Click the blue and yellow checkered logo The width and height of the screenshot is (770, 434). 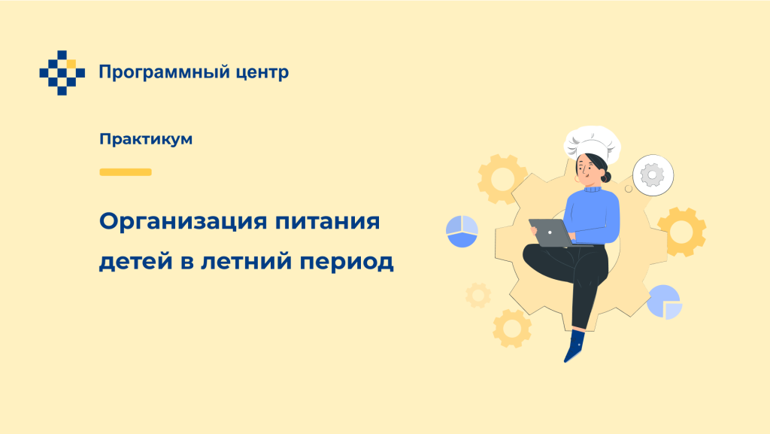point(62,73)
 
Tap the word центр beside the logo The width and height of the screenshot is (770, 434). point(262,73)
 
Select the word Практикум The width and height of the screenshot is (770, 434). point(146,139)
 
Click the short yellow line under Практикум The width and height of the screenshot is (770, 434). point(126,171)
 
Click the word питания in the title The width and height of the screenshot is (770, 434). point(327,221)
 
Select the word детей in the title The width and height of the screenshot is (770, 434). point(136,261)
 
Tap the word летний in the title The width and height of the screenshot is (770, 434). point(247,261)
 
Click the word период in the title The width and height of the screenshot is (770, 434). point(347,262)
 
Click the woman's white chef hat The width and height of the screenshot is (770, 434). point(593,144)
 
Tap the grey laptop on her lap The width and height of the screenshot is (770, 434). point(553,232)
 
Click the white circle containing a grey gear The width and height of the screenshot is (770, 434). point(653,175)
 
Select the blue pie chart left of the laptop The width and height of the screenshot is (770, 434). point(462,231)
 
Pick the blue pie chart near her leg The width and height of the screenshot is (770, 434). point(665,302)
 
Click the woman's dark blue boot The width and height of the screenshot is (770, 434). point(574,346)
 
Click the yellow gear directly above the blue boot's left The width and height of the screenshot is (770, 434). point(512,329)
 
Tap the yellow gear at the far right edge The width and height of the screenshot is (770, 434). point(681,232)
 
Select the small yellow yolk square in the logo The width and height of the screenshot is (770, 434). point(71,64)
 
